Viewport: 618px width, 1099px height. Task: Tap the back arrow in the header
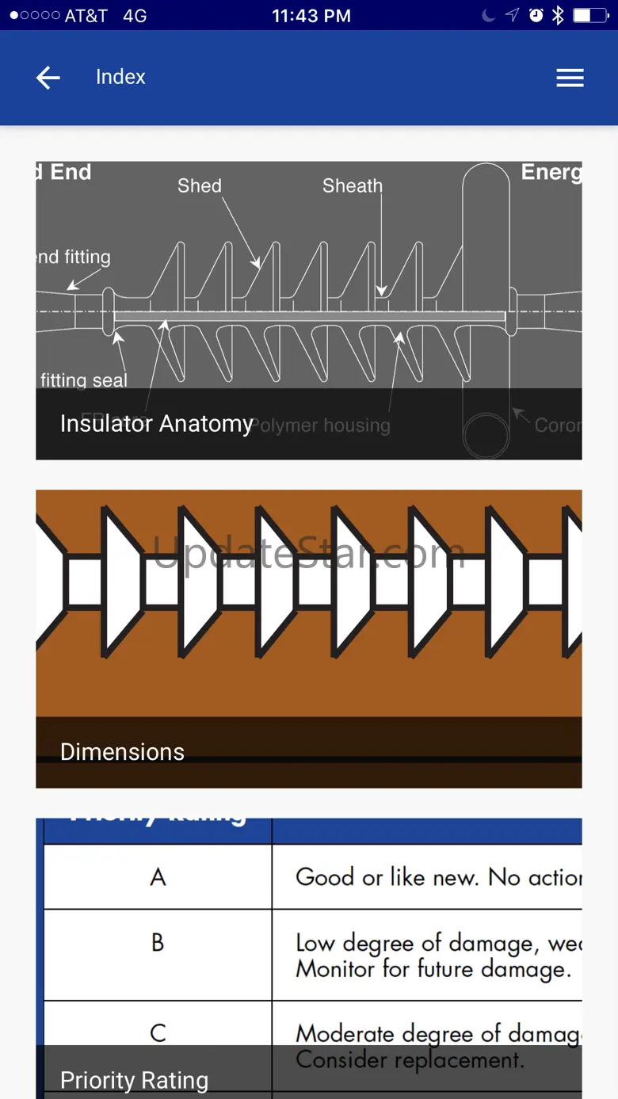(x=48, y=78)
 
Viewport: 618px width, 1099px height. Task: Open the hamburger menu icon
(x=570, y=78)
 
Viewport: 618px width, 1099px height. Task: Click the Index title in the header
(x=120, y=77)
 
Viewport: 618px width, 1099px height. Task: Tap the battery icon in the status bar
(x=591, y=15)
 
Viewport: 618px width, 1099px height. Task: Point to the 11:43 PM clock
(x=311, y=15)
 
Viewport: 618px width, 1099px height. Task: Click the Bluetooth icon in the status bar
(x=558, y=15)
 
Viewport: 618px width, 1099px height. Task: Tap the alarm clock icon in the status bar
(x=536, y=15)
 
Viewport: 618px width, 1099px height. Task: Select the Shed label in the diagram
(x=200, y=185)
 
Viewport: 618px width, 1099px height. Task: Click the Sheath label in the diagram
(x=352, y=185)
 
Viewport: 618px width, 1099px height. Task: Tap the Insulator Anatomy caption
(x=156, y=424)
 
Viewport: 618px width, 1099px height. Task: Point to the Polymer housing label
(x=322, y=425)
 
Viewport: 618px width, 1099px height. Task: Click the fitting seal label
(x=83, y=380)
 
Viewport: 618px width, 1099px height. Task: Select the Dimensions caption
(x=122, y=752)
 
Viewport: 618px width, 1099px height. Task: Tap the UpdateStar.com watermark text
(x=308, y=552)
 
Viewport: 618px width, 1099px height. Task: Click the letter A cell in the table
(x=158, y=877)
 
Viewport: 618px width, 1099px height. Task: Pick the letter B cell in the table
(x=158, y=943)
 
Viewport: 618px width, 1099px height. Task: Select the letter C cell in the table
(x=158, y=1033)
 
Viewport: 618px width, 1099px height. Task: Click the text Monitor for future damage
(x=433, y=969)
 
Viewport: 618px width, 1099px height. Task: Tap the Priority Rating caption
(x=134, y=1081)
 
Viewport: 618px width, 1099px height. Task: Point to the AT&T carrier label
(x=75, y=15)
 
